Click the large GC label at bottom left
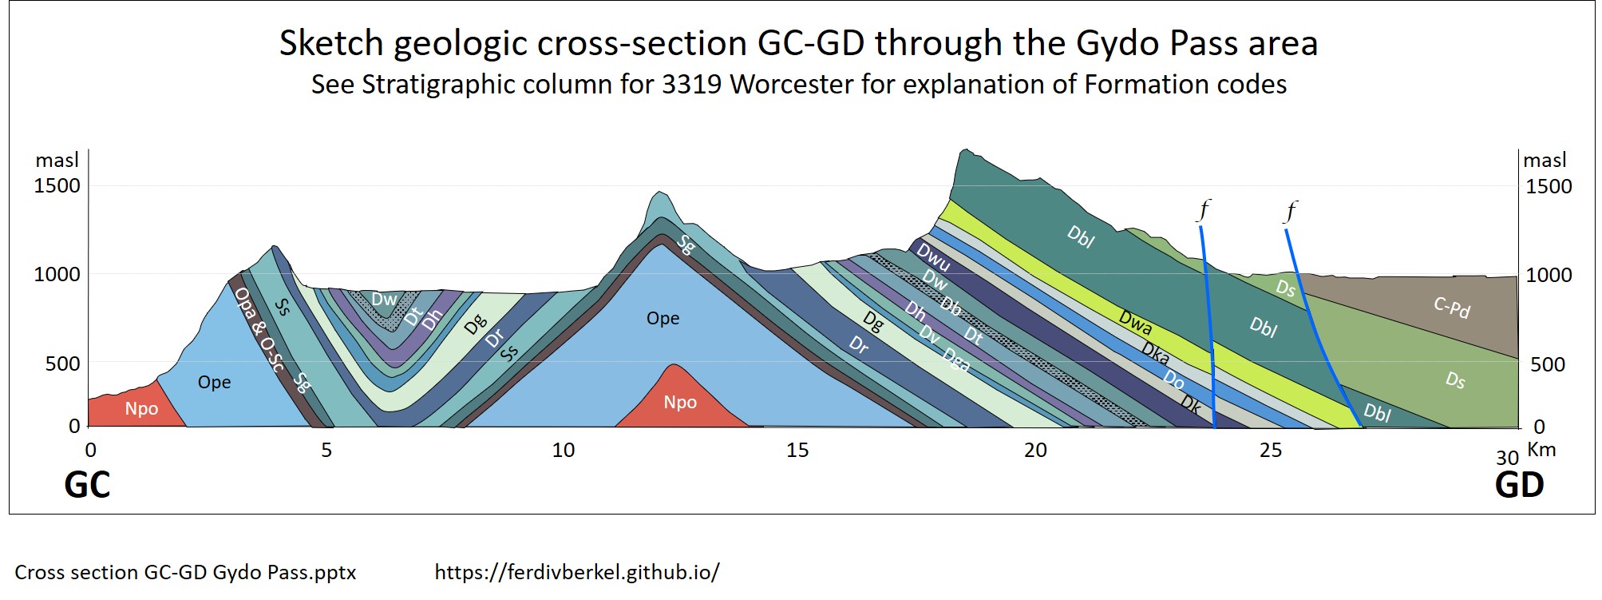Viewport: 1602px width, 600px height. pos(87,485)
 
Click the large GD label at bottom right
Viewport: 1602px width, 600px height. pos(1519,485)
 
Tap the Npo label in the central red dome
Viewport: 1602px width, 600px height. pos(680,403)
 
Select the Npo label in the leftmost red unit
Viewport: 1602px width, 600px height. pos(141,409)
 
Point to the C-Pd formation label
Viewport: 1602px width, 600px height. pos(1451,307)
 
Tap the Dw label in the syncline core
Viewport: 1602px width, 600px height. pos(384,300)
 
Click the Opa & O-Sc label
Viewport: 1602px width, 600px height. pos(259,330)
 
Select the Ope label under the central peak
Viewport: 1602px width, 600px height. pos(663,319)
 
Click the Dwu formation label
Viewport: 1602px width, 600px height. pos(933,258)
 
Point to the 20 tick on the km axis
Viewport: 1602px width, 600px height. pos(1035,451)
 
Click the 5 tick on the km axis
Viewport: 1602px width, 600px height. pos(326,451)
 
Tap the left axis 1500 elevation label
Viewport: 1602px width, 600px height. pos(57,186)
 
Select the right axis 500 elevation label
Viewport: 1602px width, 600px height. pos(1547,365)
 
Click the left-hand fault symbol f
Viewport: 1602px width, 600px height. pos(1204,210)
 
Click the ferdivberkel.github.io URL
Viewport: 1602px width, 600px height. pos(577,572)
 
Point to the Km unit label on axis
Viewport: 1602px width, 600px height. pos(1541,450)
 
